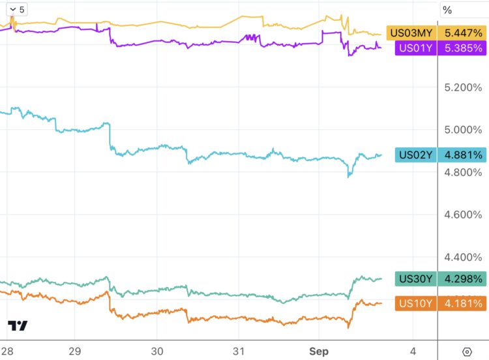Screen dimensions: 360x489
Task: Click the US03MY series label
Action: tap(410, 33)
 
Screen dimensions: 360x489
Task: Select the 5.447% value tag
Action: tap(462, 33)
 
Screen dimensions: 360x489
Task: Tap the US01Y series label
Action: tap(415, 48)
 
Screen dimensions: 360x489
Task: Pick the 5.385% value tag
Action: tap(462, 48)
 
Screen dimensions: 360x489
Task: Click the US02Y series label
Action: tap(415, 155)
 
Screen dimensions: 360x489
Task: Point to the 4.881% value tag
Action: tap(462, 155)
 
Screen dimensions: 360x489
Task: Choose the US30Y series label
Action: tap(415, 279)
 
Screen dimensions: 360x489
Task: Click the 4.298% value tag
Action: tap(462, 279)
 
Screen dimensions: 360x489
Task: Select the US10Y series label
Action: tap(415, 303)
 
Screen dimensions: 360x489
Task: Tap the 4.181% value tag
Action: tap(462, 303)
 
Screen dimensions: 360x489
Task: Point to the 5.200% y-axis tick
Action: tap(462, 87)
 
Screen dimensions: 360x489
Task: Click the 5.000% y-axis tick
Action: tap(462, 130)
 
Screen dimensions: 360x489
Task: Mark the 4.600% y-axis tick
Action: tap(462, 215)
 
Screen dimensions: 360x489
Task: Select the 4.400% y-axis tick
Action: tap(462, 257)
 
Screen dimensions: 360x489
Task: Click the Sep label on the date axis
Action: tap(319, 352)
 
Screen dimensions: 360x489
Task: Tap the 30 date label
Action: tap(157, 352)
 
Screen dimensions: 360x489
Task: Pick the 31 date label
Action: tap(239, 352)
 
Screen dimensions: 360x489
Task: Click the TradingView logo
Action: tap(18, 325)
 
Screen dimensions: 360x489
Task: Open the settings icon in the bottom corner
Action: tap(467, 352)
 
